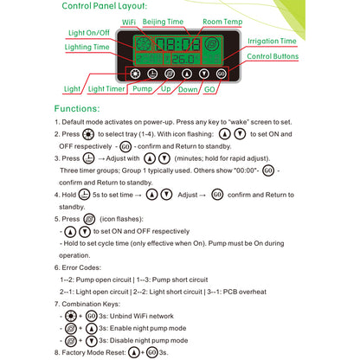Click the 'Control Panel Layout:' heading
(111, 7)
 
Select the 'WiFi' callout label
(129, 19)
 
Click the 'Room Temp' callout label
(222, 19)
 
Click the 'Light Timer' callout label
(106, 88)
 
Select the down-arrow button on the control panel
(202, 74)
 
